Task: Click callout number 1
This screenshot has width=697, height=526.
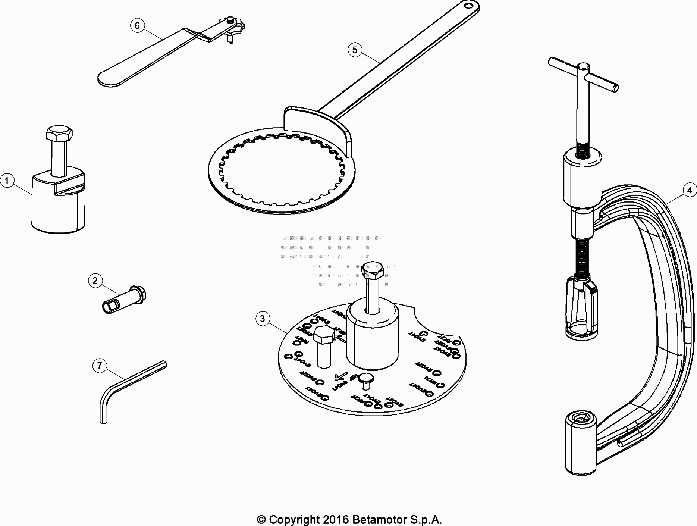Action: pos(7,181)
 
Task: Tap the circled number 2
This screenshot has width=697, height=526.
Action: pos(95,281)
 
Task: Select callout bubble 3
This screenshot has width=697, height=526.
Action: pos(263,319)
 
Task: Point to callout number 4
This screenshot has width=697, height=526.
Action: pos(689,190)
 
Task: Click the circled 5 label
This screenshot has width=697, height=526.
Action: pos(354,50)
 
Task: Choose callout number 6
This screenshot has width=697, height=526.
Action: pos(137,25)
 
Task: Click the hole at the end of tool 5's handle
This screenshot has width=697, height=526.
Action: pos(467,5)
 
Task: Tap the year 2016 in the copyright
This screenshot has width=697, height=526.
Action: pos(336,520)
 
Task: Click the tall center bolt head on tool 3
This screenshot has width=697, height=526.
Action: pos(373,271)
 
